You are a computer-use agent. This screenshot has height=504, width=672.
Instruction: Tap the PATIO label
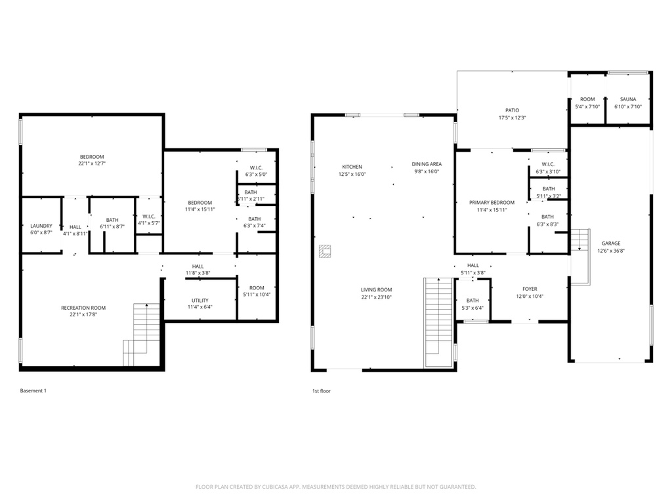tap(512, 110)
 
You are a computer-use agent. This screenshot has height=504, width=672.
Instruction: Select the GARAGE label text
tap(610, 243)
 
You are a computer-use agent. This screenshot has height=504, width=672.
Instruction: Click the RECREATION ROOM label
tap(83, 308)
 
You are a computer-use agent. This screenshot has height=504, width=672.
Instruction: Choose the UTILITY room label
tap(199, 300)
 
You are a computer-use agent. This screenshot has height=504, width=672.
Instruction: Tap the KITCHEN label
tap(351, 167)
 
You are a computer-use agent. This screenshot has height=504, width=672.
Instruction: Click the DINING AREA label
tap(427, 164)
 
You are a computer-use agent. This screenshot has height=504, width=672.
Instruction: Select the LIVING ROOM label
tap(376, 289)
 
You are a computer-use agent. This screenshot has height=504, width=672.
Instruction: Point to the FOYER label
tap(530, 288)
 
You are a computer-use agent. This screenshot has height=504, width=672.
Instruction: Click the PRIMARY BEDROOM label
tap(492, 203)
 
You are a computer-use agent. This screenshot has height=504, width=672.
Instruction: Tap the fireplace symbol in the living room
tap(325, 251)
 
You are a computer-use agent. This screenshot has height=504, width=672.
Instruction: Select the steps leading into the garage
tap(579, 240)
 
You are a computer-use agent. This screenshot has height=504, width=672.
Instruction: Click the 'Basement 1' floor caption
tap(33, 390)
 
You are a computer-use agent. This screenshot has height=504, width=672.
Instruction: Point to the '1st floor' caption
tap(322, 390)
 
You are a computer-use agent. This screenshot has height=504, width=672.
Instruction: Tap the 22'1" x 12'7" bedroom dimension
tap(92, 163)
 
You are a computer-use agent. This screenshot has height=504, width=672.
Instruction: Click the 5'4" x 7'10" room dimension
tap(587, 106)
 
